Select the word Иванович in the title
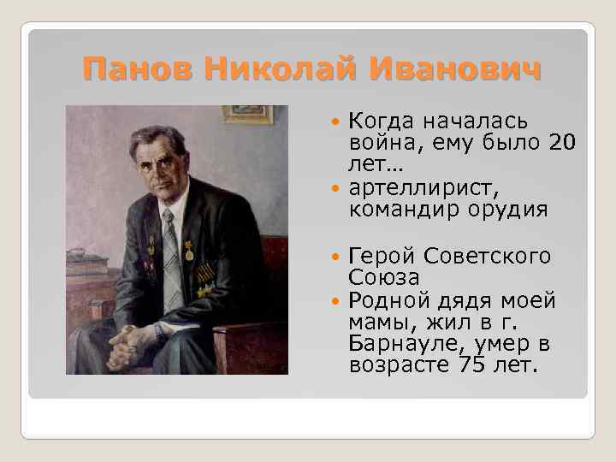pos(444,68)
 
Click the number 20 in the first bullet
pos(560,142)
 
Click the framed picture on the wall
pos(247,114)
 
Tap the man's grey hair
pos(159,137)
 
